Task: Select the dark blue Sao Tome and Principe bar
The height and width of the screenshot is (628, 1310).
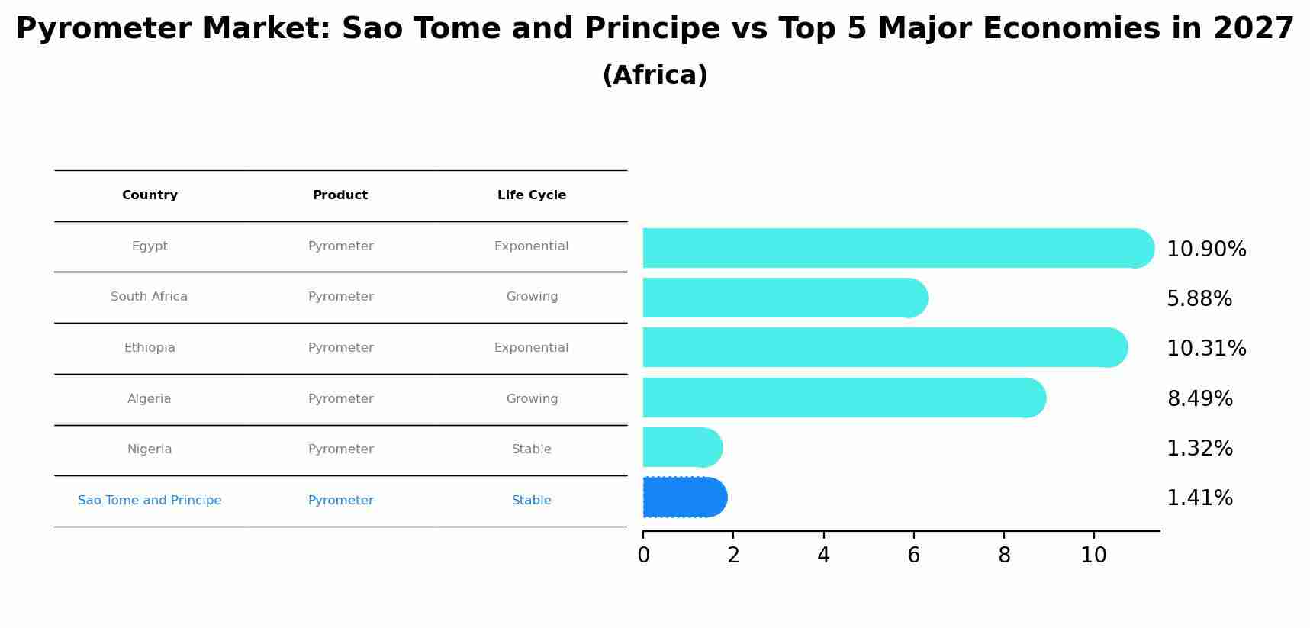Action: pos(684,498)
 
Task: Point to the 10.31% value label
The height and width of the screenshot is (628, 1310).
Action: pos(1205,349)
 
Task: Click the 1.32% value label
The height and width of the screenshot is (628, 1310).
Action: pos(1199,449)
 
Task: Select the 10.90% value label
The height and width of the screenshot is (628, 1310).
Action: pos(1205,250)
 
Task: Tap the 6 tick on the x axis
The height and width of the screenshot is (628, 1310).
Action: pos(913,555)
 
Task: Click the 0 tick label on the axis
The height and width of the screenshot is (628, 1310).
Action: pos(643,555)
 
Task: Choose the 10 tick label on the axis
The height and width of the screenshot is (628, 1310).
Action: pos(1093,555)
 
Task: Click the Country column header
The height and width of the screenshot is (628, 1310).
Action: pos(150,195)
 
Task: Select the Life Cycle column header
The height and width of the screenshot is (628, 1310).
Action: pos(532,195)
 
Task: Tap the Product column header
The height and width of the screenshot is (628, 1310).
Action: pos(340,195)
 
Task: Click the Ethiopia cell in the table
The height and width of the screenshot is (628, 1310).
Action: pos(150,348)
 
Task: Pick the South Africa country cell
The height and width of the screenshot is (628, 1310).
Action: pos(149,297)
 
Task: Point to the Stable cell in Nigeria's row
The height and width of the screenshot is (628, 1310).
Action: pos(532,449)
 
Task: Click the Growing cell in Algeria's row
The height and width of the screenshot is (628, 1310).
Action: pos(532,399)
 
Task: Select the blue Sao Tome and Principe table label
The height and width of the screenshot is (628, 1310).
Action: pos(150,501)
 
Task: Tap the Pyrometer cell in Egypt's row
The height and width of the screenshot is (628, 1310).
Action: pos(340,246)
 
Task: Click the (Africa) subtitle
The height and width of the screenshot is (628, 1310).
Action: pos(655,76)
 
